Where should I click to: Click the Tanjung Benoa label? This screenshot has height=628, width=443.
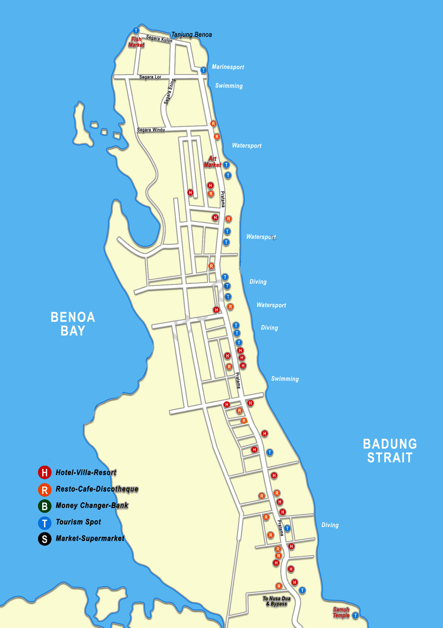pos(191,35)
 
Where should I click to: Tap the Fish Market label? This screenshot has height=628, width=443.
pos(136,42)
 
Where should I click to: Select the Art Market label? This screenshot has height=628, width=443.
pos(212,162)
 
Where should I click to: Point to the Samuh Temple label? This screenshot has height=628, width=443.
pos(341,612)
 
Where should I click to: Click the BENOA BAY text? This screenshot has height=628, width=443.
pos(73,324)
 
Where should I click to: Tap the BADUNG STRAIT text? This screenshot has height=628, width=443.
pos(390,451)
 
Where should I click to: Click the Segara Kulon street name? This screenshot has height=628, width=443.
pos(159,39)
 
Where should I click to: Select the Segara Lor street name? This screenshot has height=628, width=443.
pos(150,77)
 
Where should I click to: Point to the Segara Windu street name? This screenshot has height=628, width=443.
pos(151,130)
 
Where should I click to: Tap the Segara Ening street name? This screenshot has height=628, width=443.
pos(170,91)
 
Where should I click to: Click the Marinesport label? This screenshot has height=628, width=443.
pos(228,67)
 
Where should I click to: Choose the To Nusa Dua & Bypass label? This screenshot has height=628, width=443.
pos(276,601)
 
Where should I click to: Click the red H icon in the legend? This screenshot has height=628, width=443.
pos(45,472)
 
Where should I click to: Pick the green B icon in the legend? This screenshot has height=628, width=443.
pos(45,506)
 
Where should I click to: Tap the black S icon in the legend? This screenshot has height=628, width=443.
pos(45,539)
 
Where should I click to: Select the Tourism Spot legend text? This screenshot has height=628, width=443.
pos(78,522)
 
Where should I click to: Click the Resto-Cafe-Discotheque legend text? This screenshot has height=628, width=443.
pos(97,489)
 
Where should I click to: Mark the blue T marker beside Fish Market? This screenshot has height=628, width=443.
pos(136,30)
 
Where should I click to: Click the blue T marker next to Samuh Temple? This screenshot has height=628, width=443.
pos(356,616)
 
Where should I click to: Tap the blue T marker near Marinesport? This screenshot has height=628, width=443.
pos(203,70)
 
